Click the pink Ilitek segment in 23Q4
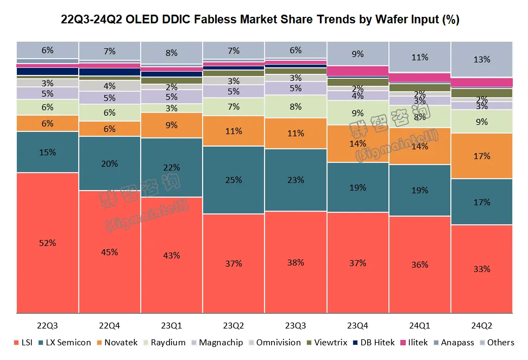pyautogui.click(x=357, y=71)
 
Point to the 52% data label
pyautogui.click(x=47, y=243)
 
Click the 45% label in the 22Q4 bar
pyautogui.click(x=110, y=252)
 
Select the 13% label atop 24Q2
pyautogui.click(x=482, y=60)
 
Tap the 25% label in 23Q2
pyautogui.click(x=234, y=180)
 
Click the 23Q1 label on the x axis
pyautogui.click(x=172, y=325)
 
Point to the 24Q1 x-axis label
pyautogui.click(x=419, y=325)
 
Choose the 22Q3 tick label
pyautogui.click(x=47, y=325)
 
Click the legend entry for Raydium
pyautogui.click(x=168, y=343)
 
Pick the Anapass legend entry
pyautogui.click(x=455, y=343)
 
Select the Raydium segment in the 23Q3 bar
pyautogui.click(x=296, y=107)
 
